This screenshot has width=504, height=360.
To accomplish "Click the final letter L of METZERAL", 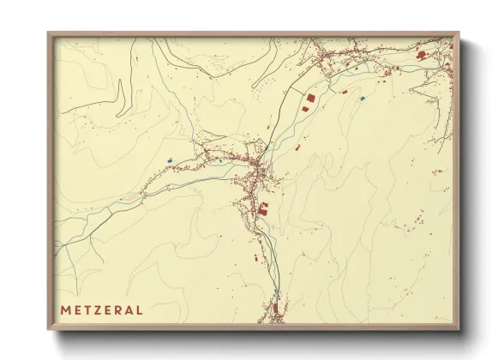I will pos(138,309).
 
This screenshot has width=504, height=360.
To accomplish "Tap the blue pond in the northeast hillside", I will pos(363,99).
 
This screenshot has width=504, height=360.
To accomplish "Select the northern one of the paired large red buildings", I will pos(310,99).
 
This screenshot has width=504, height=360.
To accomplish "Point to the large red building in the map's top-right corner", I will pos(421,55).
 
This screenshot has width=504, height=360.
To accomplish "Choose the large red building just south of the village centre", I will pos(263,207).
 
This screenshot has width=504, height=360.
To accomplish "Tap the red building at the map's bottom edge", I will pos(275,308).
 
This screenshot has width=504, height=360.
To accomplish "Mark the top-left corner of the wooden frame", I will pos(49,33).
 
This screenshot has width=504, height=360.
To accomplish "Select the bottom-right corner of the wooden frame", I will pos(459,331).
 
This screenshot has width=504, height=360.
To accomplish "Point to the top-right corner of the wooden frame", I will pos(459,33).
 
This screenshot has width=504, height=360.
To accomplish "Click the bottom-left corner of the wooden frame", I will pos(49,331).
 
